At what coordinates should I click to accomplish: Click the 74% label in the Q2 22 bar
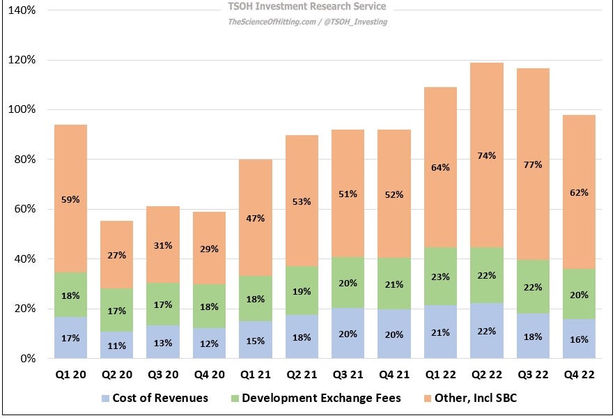(x=487, y=156)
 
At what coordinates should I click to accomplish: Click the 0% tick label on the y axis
(x=26, y=359)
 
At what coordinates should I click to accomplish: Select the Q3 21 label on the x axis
(x=348, y=375)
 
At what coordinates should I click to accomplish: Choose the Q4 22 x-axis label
(x=579, y=375)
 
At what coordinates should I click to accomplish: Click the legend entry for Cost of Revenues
(x=155, y=398)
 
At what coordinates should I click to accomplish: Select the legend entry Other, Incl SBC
(x=469, y=398)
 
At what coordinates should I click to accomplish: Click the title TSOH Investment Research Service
(x=307, y=7)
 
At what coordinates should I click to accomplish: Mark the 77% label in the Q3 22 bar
(x=533, y=165)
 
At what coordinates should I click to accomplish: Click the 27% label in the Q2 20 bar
(x=116, y=256)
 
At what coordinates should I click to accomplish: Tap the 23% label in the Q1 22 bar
(x=440, y=276)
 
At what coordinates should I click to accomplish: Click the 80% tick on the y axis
(x=24, y=160)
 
